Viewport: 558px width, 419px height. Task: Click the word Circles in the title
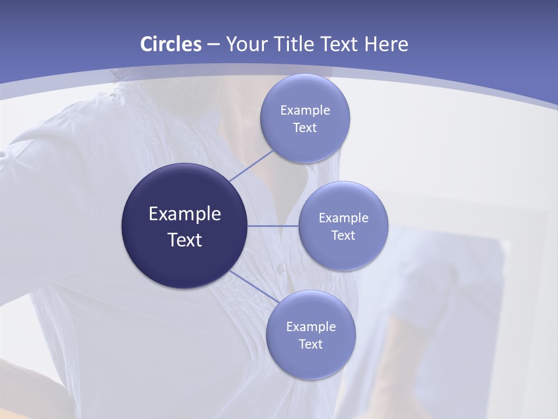[x=171, y=44]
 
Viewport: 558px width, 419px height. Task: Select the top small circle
[x=305, y=143]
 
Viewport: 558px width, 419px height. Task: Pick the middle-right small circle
[x=344, y=253]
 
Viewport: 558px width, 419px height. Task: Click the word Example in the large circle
[x=185, y=214]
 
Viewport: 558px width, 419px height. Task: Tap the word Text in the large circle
[x=185, y=240]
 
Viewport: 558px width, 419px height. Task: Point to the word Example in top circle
[x=305, y=110]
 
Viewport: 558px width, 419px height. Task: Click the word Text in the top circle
[x=305, y=127]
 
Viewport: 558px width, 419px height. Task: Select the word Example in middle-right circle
[x=344, y=218]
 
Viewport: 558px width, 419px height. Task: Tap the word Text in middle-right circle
[x=344, y=235]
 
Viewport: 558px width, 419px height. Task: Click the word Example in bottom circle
[x=311, y=326]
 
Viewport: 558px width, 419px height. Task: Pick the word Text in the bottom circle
[x=311, y=344]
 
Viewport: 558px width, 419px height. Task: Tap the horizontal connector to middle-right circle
[x=273, y=226]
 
